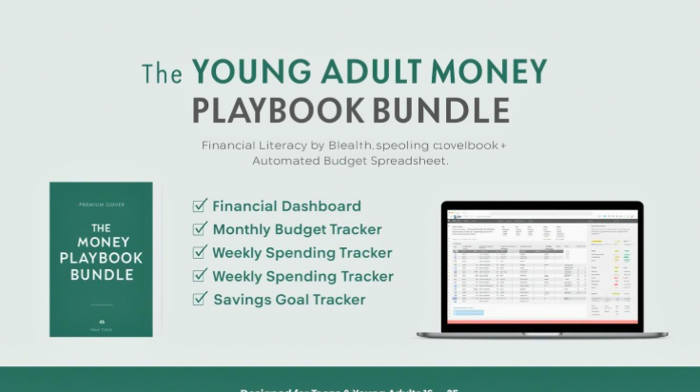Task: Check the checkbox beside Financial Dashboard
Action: pos(200,206)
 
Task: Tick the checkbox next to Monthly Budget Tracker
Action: pos(200,228)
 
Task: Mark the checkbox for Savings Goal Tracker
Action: pos(200,299)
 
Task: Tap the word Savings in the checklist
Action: pos(241,299)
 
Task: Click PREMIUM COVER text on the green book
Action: pos(101,206)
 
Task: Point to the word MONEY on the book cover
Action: pos(101,243)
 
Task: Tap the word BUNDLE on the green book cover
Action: pos(101,274)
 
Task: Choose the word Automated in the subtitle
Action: pos(284,161)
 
